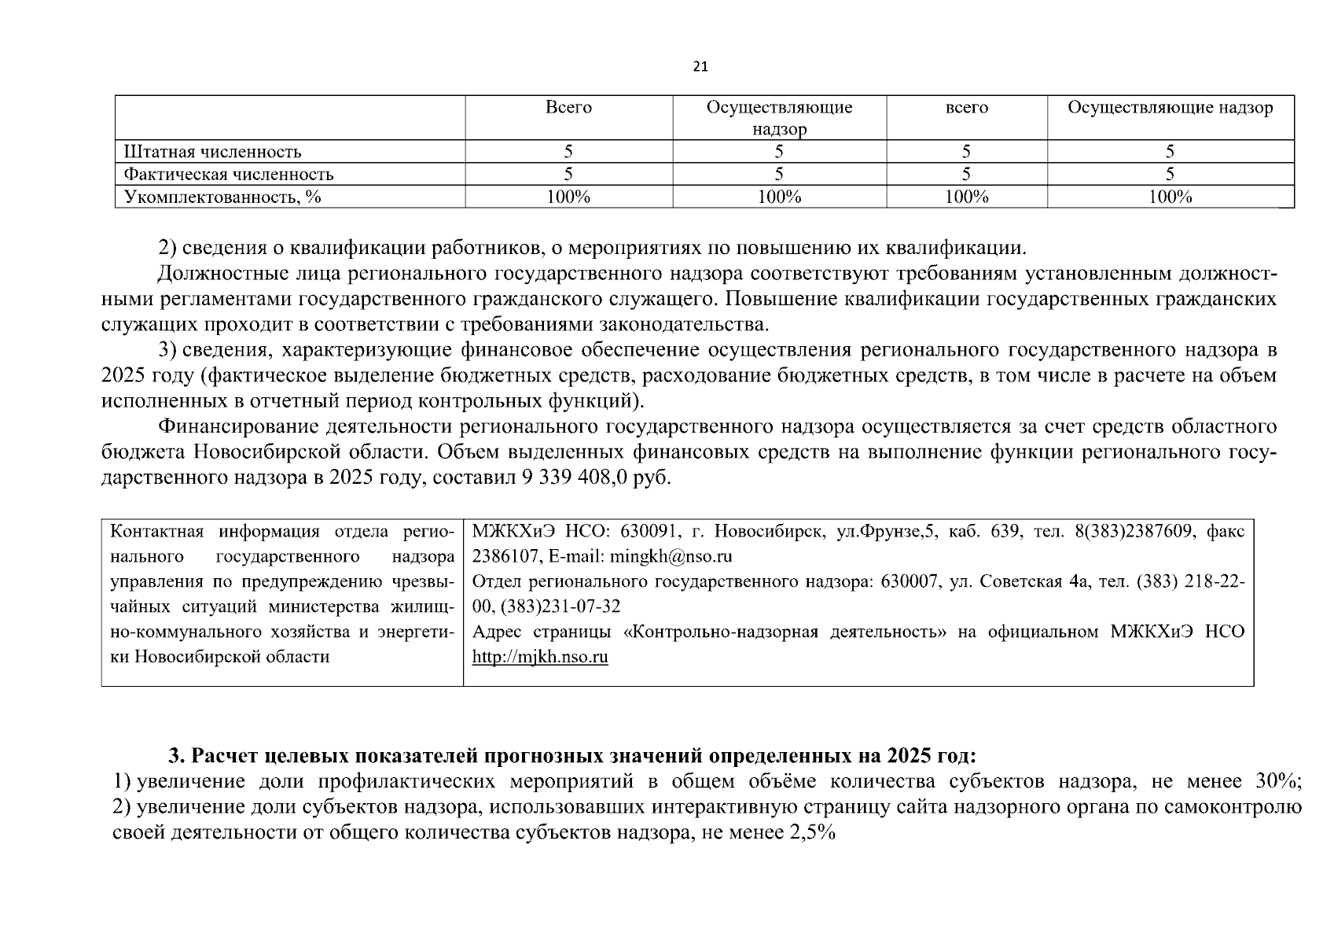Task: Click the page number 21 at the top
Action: point(700,67)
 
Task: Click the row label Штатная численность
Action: point(212,152)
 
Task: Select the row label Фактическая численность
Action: point(229,175)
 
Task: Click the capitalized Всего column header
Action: point(568,108)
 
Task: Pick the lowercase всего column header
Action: point(966,108)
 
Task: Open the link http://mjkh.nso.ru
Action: point(540,657)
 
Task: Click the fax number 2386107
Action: point(503,557)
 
